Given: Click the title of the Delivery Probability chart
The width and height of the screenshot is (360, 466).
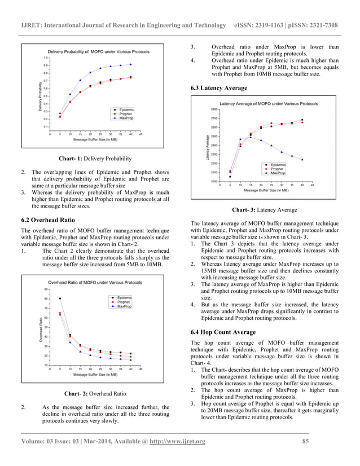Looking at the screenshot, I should coord(98,51).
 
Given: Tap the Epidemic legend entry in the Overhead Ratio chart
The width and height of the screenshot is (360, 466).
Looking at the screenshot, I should coord(124,297).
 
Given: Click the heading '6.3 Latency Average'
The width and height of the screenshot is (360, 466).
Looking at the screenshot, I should coord(219,88).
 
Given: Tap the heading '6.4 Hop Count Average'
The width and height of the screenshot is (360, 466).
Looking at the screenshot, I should coord(223,332).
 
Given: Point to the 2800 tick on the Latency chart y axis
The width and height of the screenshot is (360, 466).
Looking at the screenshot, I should coord(214,109).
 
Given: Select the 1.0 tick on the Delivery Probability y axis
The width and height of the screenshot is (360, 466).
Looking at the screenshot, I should coord(45,58).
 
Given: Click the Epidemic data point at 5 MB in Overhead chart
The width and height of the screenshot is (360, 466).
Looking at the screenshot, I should coord(60,298).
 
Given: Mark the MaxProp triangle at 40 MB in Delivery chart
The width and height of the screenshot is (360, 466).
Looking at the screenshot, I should coord(131,64).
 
